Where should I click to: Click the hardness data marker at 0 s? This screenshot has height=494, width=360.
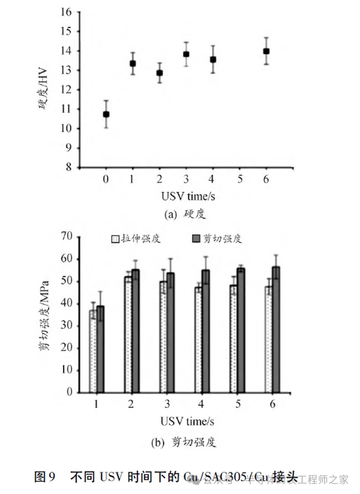coord(106,114)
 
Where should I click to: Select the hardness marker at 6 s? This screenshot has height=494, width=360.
coord(266,51)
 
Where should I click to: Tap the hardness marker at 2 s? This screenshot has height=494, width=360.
coord(159,73)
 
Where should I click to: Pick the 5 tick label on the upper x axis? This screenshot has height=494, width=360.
coord(240,179)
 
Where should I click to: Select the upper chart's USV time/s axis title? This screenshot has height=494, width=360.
coord(186,196)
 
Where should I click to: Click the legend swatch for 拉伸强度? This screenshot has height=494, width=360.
coord(115,238)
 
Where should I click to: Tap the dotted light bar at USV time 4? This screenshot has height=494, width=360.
coord(199,339)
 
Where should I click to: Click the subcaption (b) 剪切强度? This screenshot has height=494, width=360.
coord(184,442)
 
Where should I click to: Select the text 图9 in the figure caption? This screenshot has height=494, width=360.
coord(45,478)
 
